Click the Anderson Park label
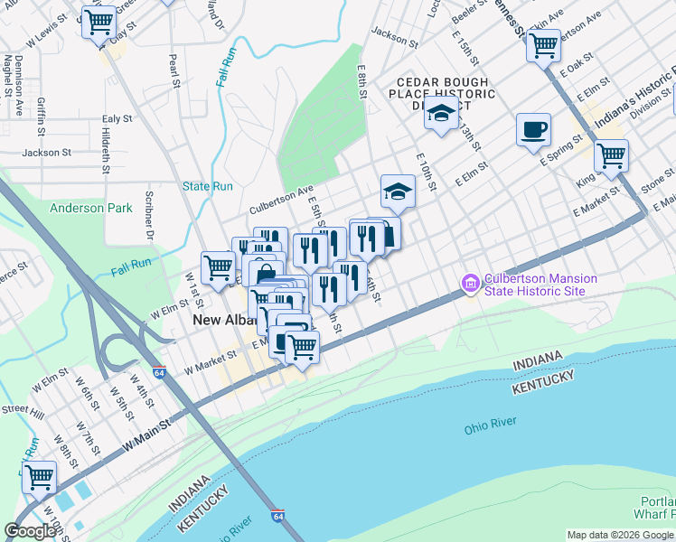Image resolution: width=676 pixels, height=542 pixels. pos(90,208)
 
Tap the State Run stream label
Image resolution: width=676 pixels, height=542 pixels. pos(208,186)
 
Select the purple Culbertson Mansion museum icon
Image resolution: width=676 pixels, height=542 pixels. pos(470,285)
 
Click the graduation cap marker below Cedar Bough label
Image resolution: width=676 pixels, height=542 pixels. pos(441,114)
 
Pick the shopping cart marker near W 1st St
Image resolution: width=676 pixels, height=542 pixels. pos(218,267)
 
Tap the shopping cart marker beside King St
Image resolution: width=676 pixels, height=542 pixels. pos(611,155)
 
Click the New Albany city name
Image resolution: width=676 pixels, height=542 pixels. pos(221,321)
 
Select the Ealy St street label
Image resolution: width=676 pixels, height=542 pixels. pos(117,118)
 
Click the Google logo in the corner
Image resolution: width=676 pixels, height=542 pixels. pos(31,530)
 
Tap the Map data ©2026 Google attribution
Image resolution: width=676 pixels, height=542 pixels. pos(620,535)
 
